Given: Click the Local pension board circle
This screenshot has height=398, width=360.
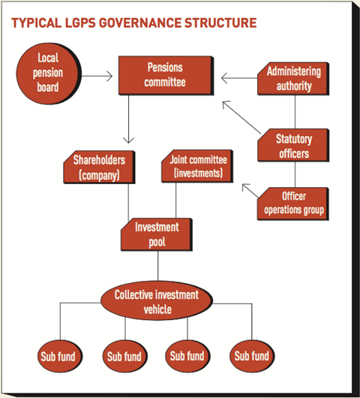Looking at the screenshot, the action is (49, 74).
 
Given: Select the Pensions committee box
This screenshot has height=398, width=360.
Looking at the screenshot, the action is (166, 76).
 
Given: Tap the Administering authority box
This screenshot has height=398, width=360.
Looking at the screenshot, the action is (293, 79).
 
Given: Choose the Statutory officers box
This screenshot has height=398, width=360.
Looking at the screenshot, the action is (293, 145).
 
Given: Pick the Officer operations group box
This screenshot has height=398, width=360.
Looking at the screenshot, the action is (293, 204).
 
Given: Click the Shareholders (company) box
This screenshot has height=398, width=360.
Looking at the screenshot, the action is (99, 167).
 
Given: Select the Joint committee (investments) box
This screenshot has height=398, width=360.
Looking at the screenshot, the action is (197, 166).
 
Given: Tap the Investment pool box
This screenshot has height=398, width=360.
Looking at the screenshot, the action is (157, 234).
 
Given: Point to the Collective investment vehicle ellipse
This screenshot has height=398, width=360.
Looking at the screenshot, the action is (157, 300).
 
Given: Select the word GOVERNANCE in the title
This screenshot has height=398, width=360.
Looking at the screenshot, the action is (139, 23).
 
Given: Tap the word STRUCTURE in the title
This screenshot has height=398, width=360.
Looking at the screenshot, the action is (220, 23).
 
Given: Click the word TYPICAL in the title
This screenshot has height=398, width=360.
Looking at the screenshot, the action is (37, 23).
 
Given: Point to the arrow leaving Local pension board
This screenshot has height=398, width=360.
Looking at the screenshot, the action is (97, 76).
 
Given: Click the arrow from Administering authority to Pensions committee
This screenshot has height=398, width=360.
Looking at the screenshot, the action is (239, 78).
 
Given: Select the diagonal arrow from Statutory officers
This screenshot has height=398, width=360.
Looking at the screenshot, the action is (241, 117).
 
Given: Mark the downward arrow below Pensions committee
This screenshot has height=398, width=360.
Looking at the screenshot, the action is (128, 119).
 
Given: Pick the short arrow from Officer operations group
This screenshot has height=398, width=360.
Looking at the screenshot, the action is (250, 191).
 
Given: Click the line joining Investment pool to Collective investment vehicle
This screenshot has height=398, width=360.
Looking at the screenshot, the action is (158, 266).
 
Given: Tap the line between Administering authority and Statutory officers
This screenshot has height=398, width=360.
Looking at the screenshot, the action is (295, 112).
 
